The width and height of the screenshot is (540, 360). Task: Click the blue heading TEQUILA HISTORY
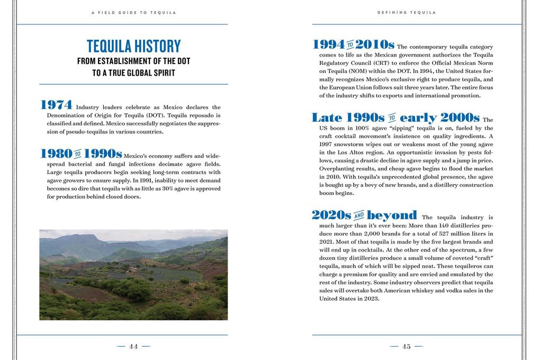tap(133, 46)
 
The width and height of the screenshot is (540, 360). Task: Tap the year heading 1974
tap(56, 105)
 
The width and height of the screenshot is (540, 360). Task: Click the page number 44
tap(133, 347)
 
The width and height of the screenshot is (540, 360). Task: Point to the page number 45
tap(406, 347)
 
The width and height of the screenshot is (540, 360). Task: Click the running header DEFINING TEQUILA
tap(406, 12)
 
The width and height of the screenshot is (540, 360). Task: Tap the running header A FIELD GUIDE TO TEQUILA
tap(133, 12)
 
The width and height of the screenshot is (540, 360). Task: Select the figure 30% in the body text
tap(168, 188)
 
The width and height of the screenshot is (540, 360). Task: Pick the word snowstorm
tap(354, 145)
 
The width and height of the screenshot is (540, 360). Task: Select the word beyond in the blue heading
tap(392, 215)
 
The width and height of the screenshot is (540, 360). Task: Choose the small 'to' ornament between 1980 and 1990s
tap(78, 155)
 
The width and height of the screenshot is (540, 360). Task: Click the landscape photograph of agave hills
tap(133, 275)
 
